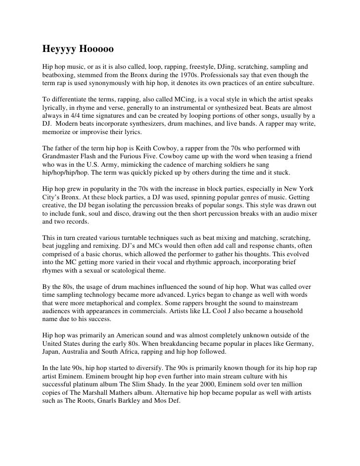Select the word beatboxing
(59, 74)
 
